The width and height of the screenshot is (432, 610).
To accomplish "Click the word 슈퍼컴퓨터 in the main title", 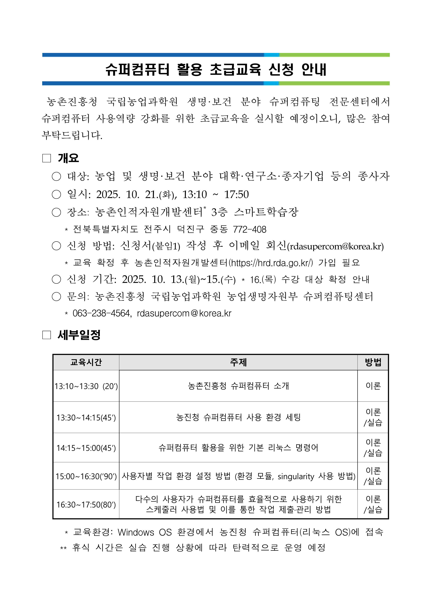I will coord(137,70).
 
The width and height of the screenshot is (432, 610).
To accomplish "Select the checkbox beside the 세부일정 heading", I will coord(47,335).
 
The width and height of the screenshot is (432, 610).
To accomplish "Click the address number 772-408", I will coord(249,229).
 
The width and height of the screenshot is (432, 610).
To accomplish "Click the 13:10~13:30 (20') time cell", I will coord(86,386).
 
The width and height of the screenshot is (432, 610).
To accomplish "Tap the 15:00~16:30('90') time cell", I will coord(86,476).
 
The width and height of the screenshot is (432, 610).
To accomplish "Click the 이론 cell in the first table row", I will coord(373,386).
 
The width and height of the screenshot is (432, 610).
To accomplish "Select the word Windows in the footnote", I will coord(136,532).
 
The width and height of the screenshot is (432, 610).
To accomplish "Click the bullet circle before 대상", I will coord(56,176).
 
